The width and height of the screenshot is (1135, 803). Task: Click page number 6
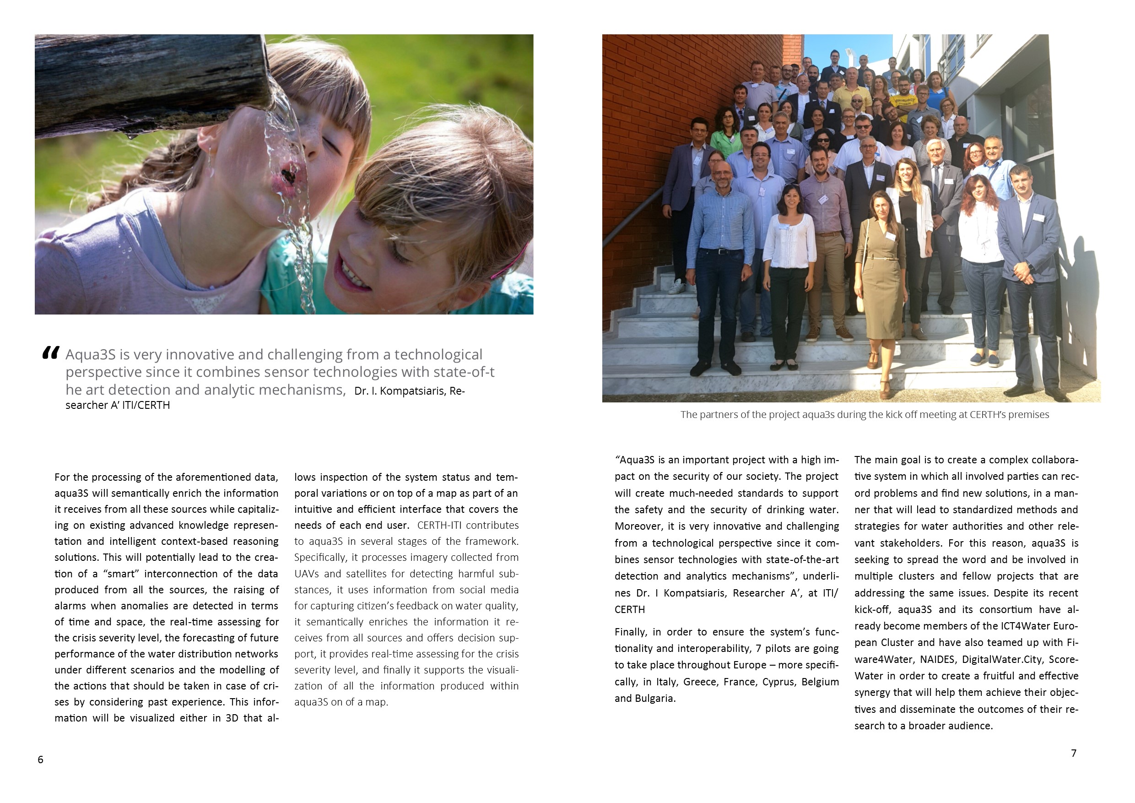pyautogui.click(x=41, y=760)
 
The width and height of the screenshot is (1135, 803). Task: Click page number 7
pyautogui.click(x=1073, y=753)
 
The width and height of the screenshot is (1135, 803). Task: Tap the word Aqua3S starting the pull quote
pyautogui.click(x=91, y=354)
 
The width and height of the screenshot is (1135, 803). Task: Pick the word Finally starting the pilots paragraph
pyautogui.click(x=630, y=632)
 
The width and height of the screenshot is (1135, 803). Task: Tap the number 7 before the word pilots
pyautogui.click(x=758, y=649)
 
